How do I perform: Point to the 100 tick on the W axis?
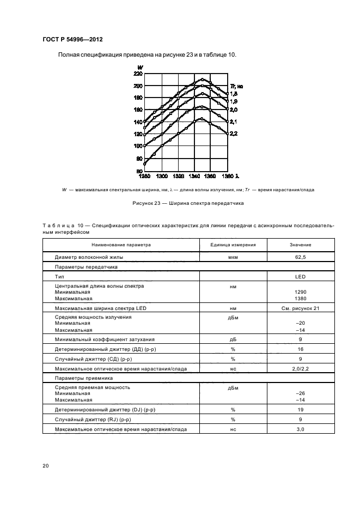(138, 146)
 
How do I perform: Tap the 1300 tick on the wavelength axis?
(161, 177)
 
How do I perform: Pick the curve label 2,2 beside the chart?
(233, 133)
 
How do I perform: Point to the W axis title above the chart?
(140, 67)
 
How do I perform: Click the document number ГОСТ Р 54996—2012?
(73, 39)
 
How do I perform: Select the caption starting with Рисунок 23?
(180, 203)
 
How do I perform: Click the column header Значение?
(300, 245)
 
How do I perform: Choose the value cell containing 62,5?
(300, 256)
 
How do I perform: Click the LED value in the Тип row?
(300, 277)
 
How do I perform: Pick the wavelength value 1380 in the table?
(300, 298)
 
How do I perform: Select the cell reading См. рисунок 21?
(300, 308)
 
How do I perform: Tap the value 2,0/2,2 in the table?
(300, 369)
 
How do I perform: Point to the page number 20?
(46, 465)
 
